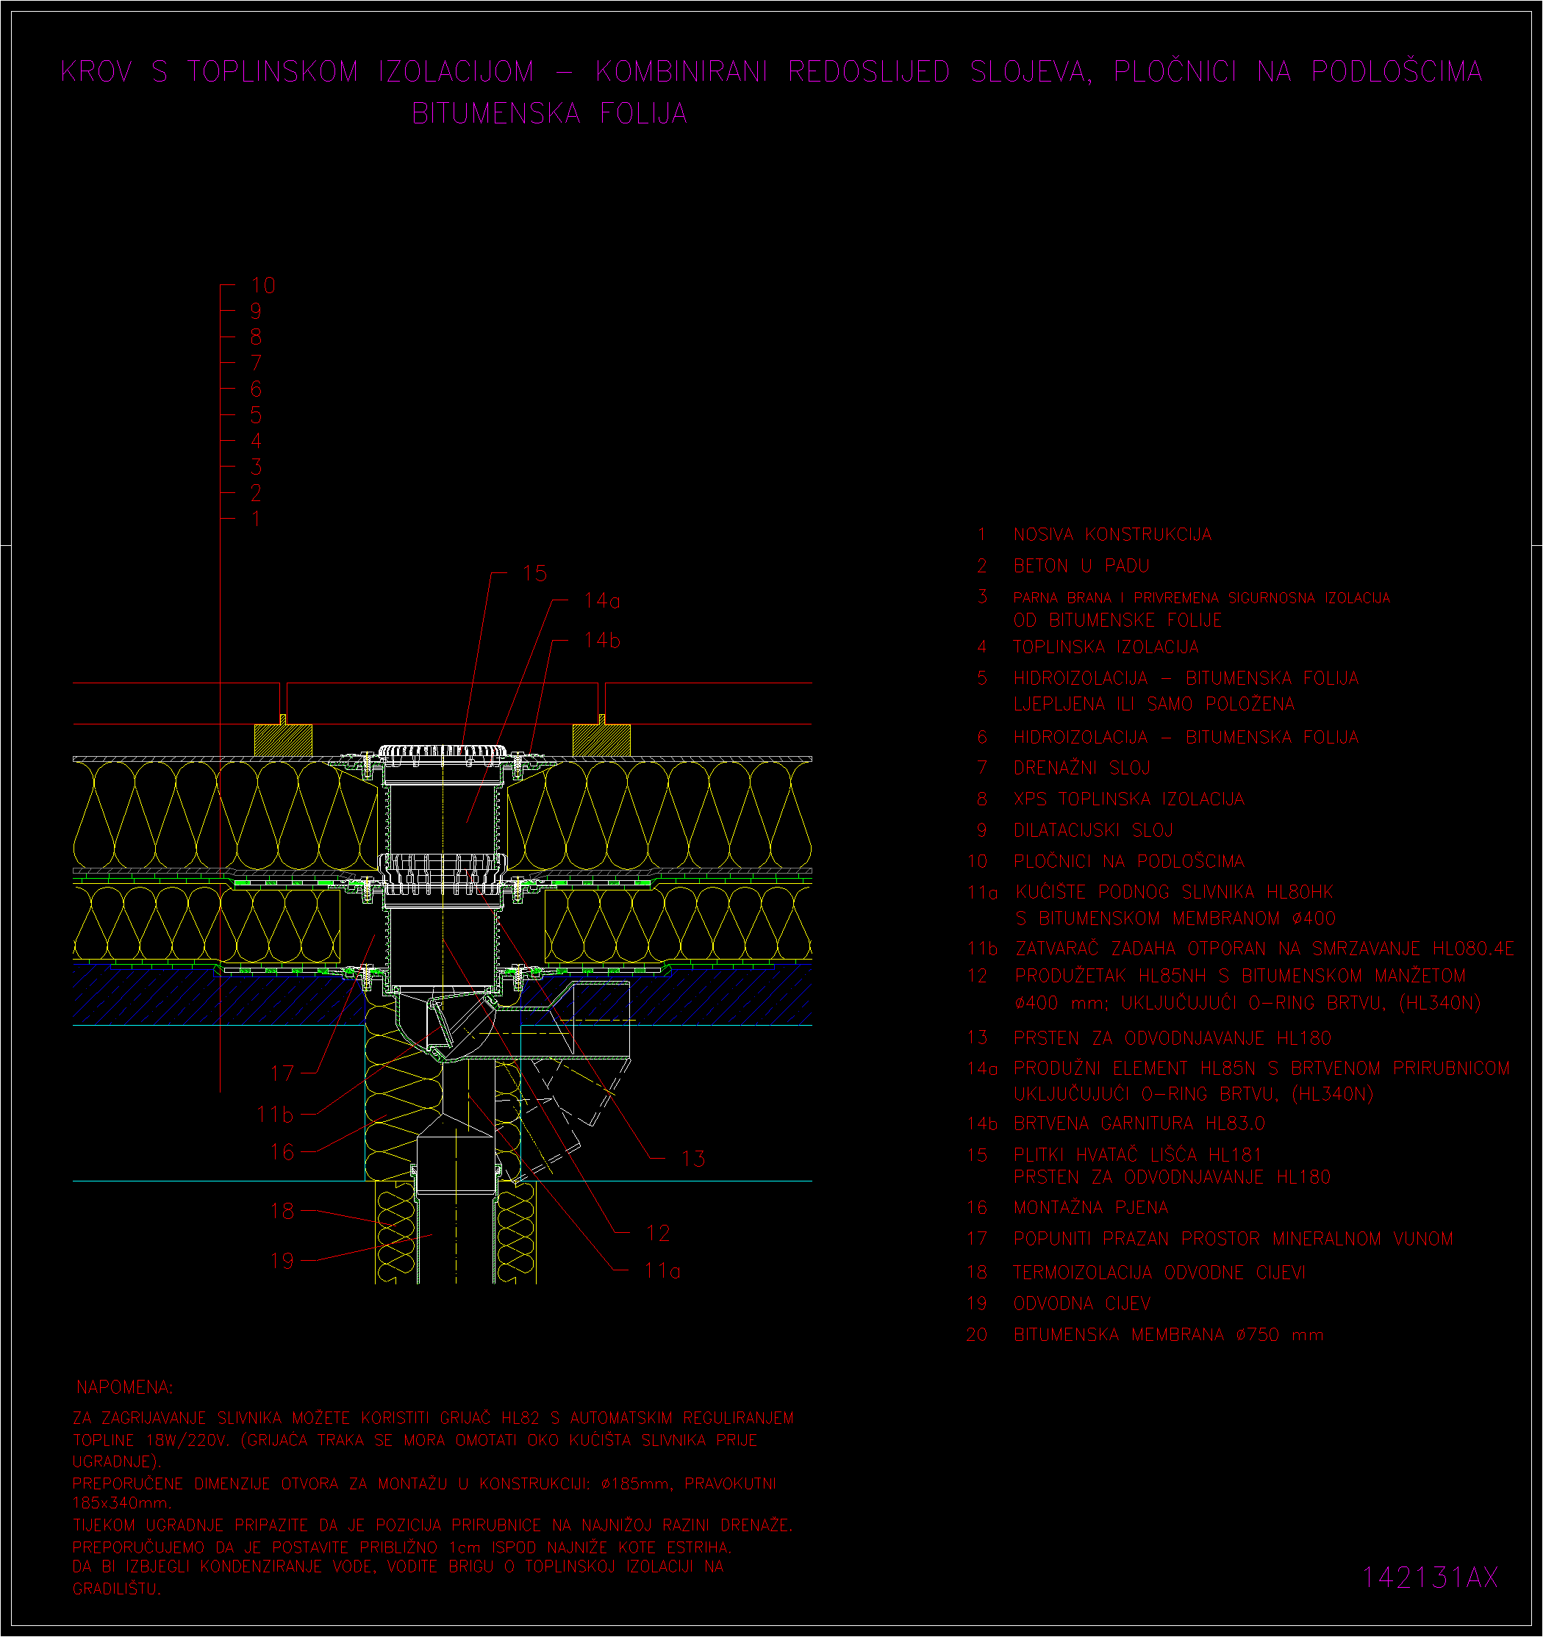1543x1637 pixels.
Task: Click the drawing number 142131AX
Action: [1429, 1577]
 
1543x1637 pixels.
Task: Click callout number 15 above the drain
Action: [534, 573]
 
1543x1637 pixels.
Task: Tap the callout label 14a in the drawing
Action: [602, 600]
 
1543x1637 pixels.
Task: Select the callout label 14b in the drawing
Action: [602, 640]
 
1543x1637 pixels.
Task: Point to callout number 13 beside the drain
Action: [694, 1159]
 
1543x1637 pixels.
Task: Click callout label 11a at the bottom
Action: [662, 1270]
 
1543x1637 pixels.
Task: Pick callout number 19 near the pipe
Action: [282, 1261]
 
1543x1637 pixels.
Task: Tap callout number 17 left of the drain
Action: [282, 1073]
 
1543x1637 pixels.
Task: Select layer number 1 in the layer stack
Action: [257, 519]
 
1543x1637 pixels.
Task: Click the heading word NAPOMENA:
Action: [124, 1387]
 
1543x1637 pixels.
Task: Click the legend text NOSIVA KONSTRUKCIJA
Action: [1112, 534]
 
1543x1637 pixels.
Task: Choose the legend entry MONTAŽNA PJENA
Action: [1091, 1207]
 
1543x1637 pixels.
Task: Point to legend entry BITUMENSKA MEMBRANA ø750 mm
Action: [1168, 1335]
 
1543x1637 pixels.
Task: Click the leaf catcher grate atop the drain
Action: [443, 752]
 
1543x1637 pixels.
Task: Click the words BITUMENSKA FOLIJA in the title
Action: [549, 114]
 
